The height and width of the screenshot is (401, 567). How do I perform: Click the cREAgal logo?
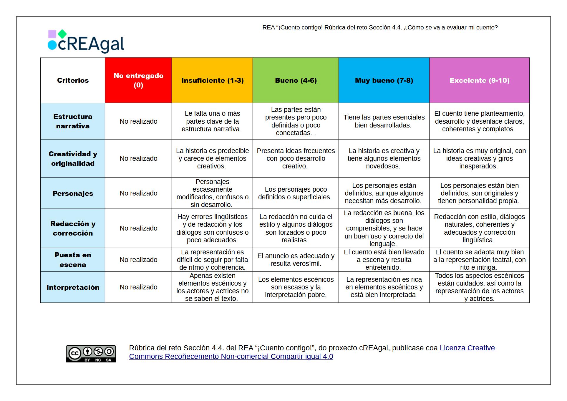click(x=86, y=42)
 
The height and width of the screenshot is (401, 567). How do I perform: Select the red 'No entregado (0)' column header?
click(x=138, y=80)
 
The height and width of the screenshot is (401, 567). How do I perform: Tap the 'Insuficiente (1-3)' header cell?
click(x=212, y=80)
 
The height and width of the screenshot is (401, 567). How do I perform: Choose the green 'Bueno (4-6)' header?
click(x=296, y=80)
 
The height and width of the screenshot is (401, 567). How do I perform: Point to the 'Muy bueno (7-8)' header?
click(x=384, y=80)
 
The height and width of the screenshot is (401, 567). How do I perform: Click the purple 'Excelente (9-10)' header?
click(x=479, y=80)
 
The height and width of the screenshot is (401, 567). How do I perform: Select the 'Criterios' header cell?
click(x=73, y=80)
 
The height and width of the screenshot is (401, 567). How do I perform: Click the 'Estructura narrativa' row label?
click(x=73, y=121)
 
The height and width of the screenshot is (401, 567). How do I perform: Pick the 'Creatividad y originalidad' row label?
click(x=73, y=159)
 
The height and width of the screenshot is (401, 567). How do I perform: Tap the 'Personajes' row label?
click(x=73, y=193)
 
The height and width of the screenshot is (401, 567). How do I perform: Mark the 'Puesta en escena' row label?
click(x=73, y=260)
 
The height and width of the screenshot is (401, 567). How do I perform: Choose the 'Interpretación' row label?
click(x=73, y=287)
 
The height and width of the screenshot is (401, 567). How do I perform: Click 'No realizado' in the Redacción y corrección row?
click(x=138, y=228)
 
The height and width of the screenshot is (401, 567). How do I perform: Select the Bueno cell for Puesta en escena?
click(x=296, y=260)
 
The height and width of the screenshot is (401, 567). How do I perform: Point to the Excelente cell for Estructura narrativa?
click(x=479, y=121)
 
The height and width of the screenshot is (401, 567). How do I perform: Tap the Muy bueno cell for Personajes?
click(x=384, y=193)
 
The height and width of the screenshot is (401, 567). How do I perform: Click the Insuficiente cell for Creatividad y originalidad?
click(x=212, y=159)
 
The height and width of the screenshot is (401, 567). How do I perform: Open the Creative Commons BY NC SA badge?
click(x=91, y=354)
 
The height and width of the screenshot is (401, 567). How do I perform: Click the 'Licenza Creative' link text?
click(x=468, y=348)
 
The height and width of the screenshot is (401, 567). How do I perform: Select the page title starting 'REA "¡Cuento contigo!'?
click(x=380, y=28)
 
